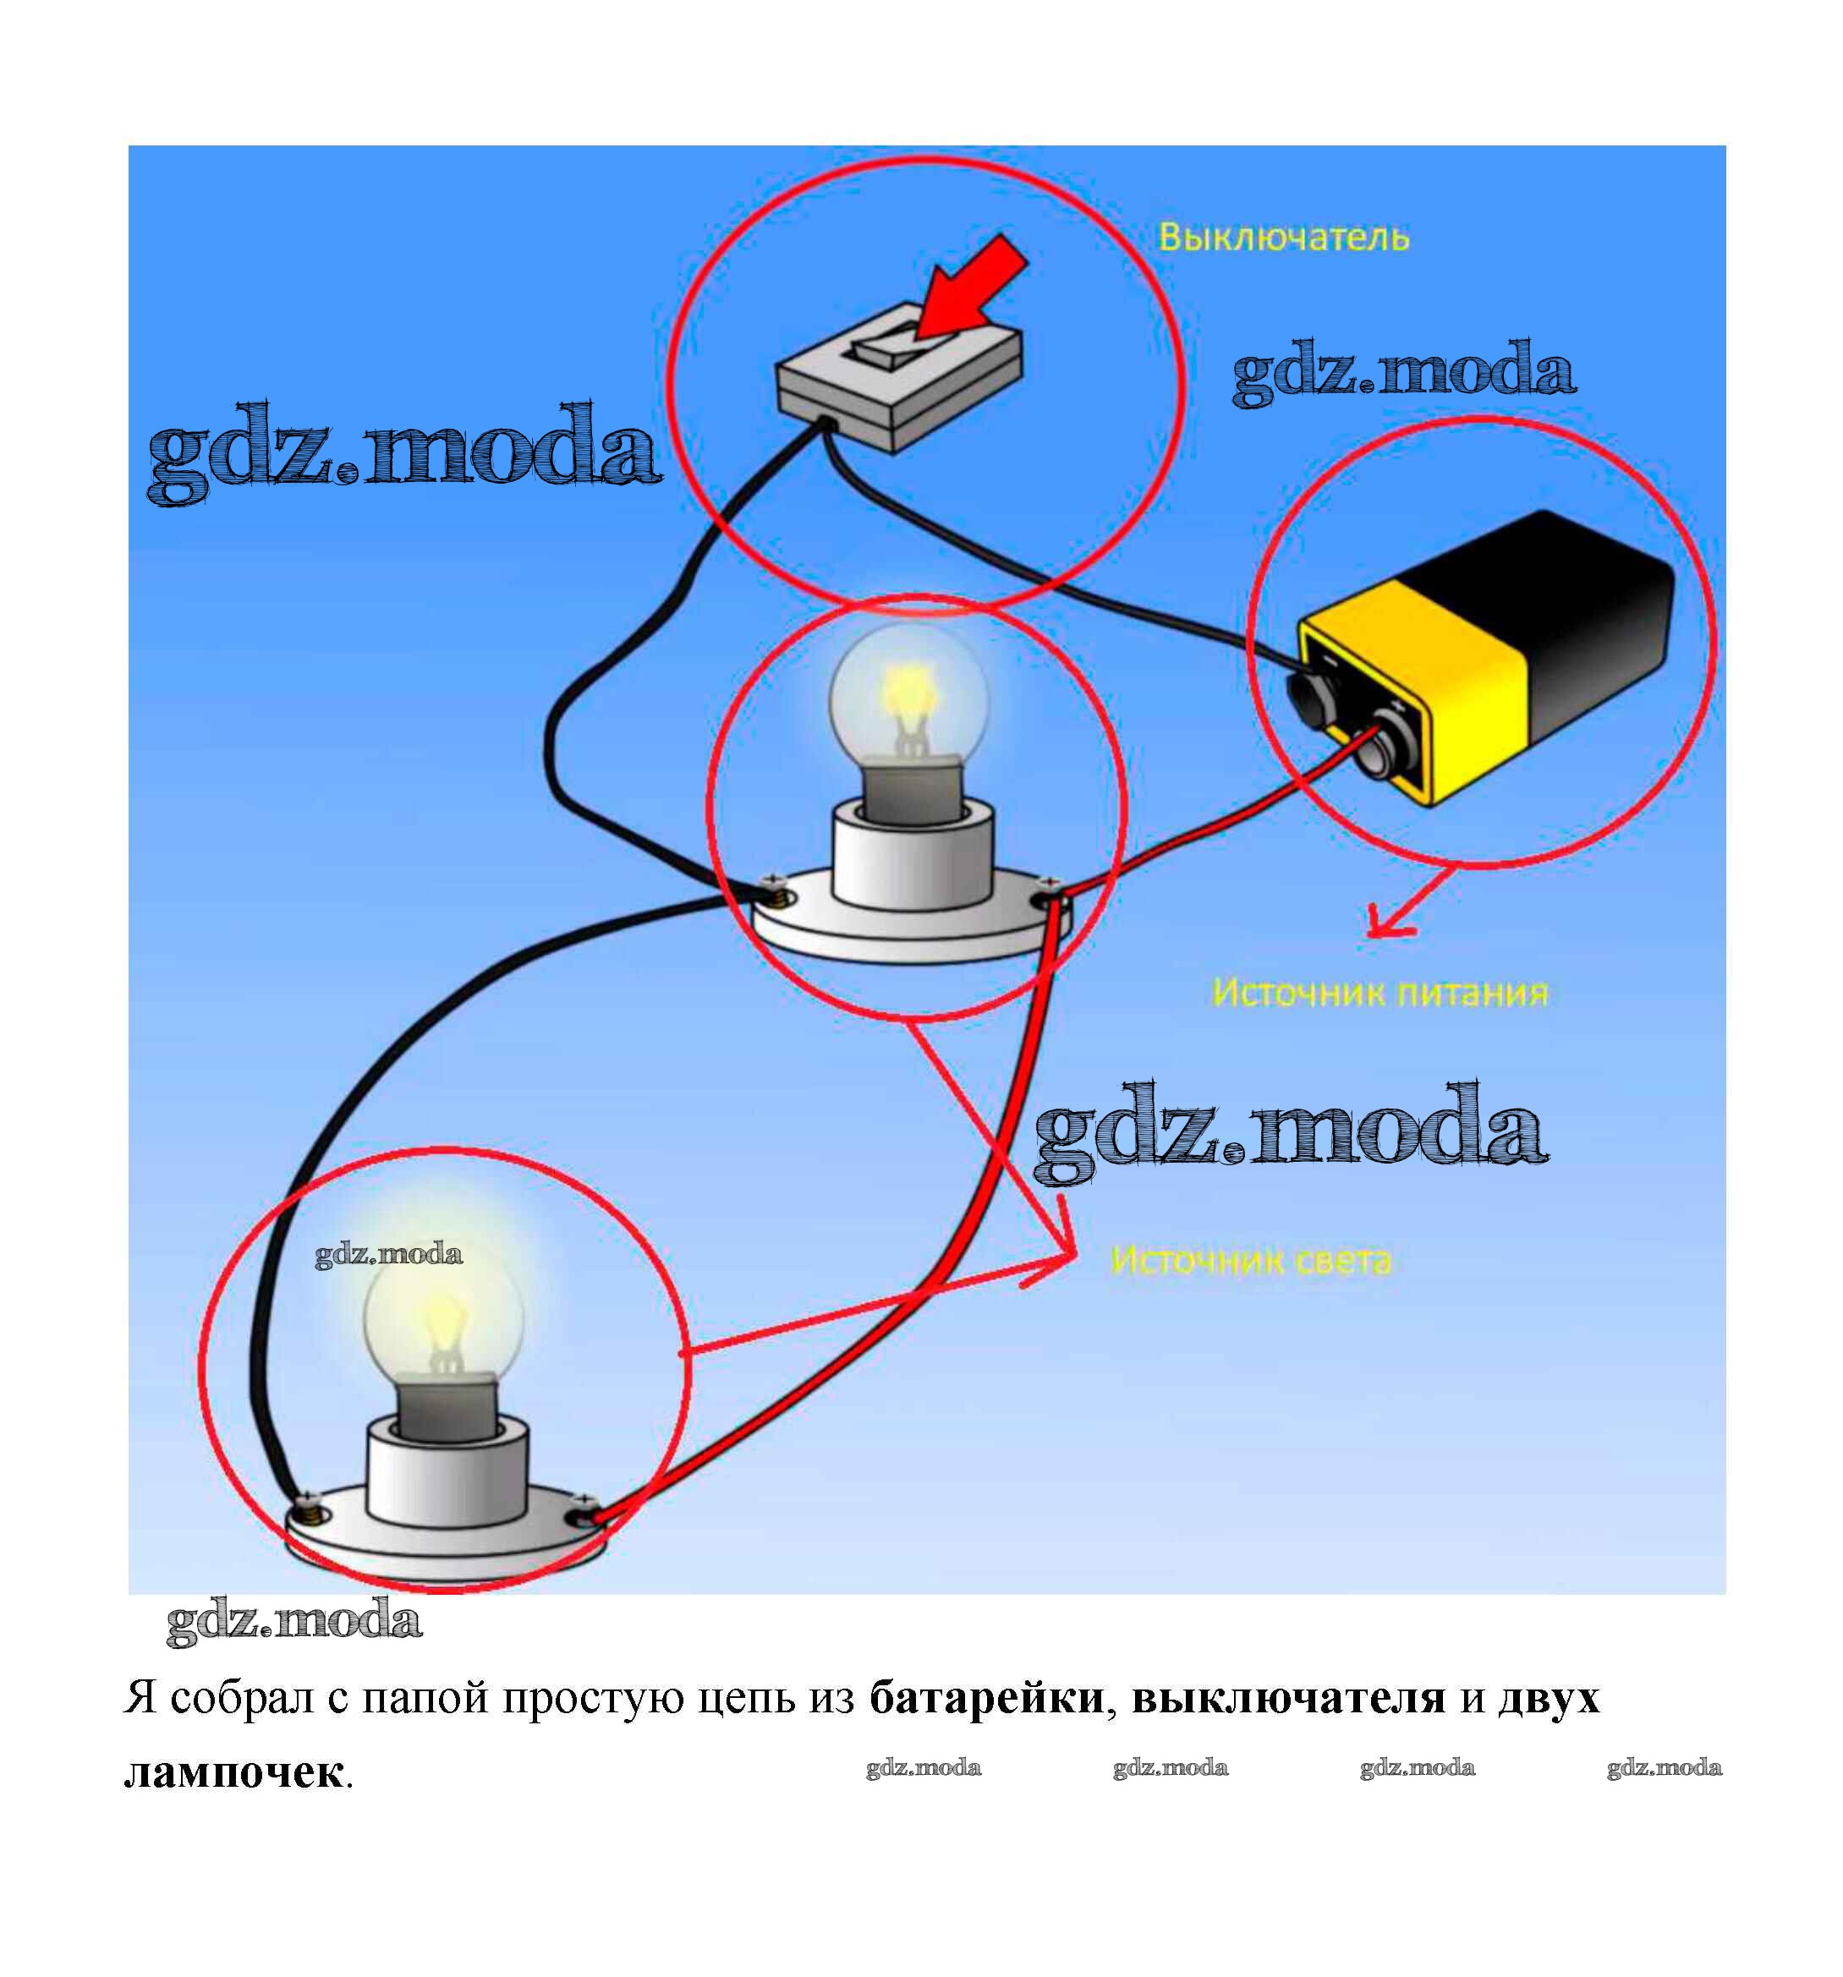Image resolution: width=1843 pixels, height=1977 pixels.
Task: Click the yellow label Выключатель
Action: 1283,237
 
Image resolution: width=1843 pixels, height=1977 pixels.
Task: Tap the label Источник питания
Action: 1379,993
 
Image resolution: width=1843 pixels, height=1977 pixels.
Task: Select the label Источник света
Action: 1250,1260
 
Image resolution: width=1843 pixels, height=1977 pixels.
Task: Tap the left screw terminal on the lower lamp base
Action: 310,1512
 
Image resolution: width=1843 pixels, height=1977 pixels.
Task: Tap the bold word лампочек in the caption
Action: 233,1772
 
